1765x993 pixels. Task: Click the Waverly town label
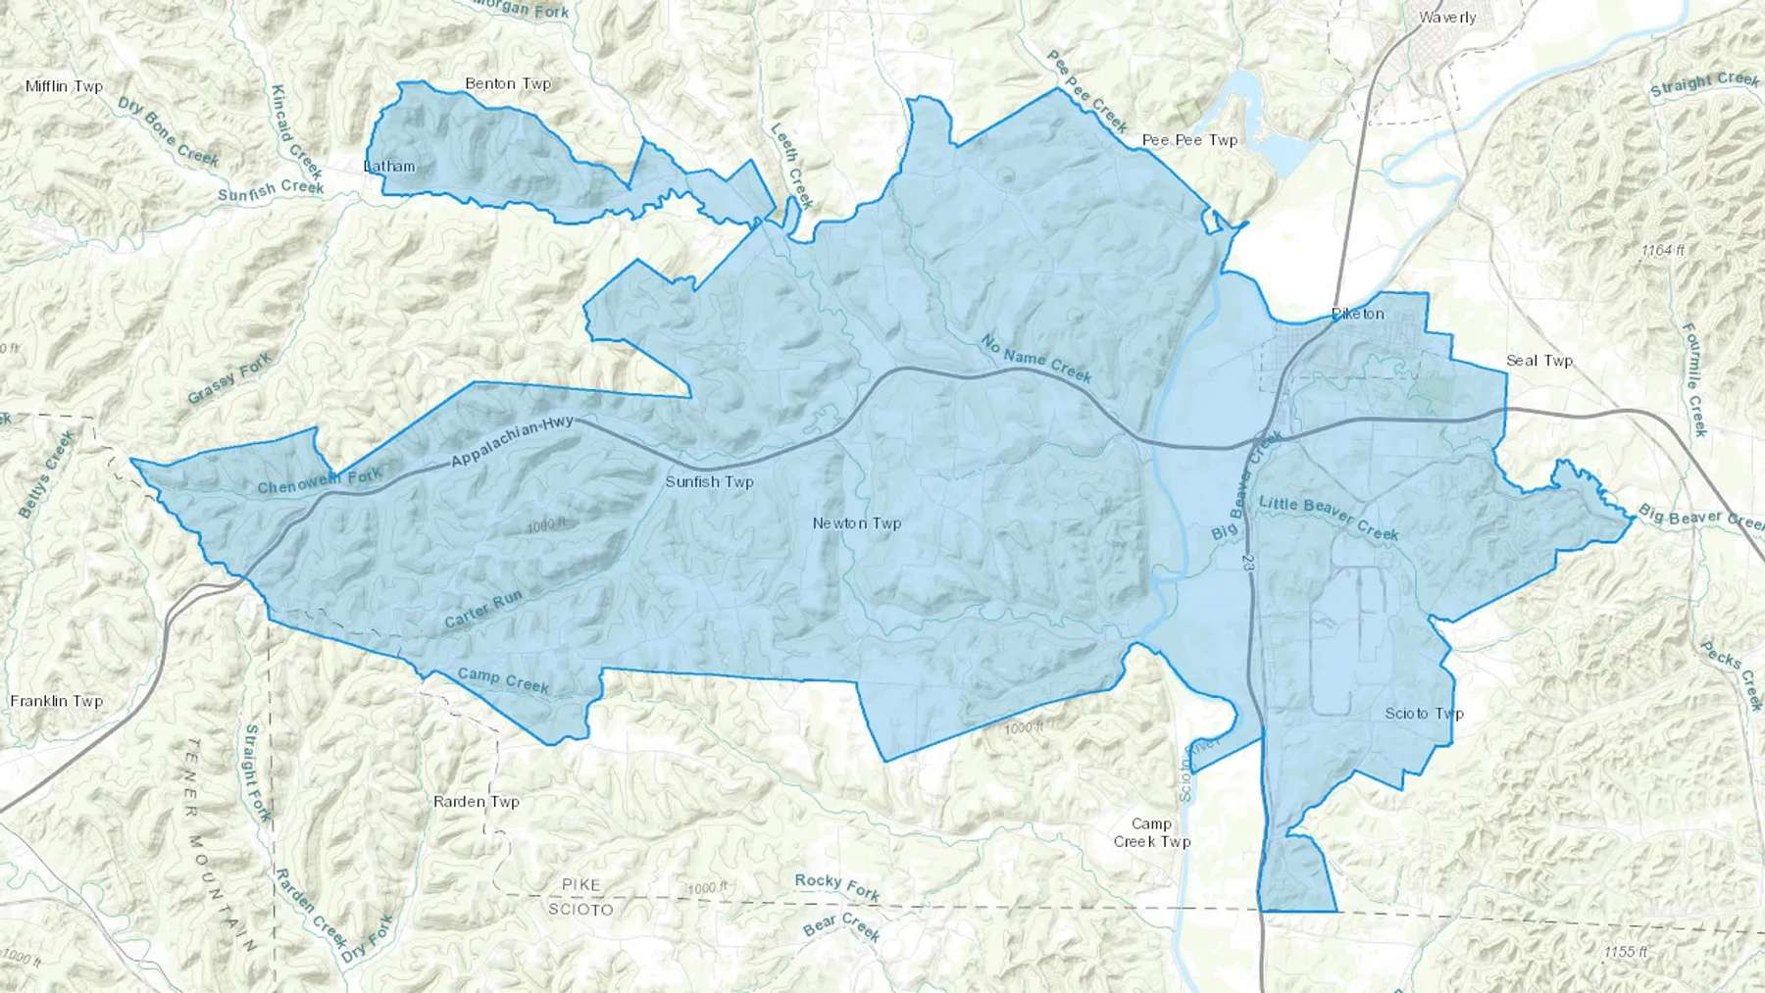pos(1447,17)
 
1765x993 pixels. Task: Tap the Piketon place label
pos(1358,314)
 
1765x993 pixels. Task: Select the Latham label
pos(389,166)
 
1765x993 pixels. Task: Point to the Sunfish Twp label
pos(709,481)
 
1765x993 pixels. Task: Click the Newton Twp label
pos(856,523)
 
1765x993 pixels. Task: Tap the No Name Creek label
pos(1036,359)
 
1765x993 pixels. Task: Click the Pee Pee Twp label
pos(1189,140)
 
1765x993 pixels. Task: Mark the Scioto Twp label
pos(1424,713)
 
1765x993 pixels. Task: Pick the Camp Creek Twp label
pos(1151,832)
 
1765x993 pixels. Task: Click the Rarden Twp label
pos(477,801)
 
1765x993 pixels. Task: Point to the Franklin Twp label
pos(56,701)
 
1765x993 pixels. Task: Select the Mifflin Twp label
pos(64,86)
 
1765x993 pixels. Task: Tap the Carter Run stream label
pos(483,610)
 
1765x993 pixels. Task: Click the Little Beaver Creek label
pos(1329,518)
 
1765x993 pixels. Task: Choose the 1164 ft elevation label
pos(1662,251)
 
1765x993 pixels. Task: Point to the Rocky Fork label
pos(837,886)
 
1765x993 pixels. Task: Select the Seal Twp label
pos(1538,361)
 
